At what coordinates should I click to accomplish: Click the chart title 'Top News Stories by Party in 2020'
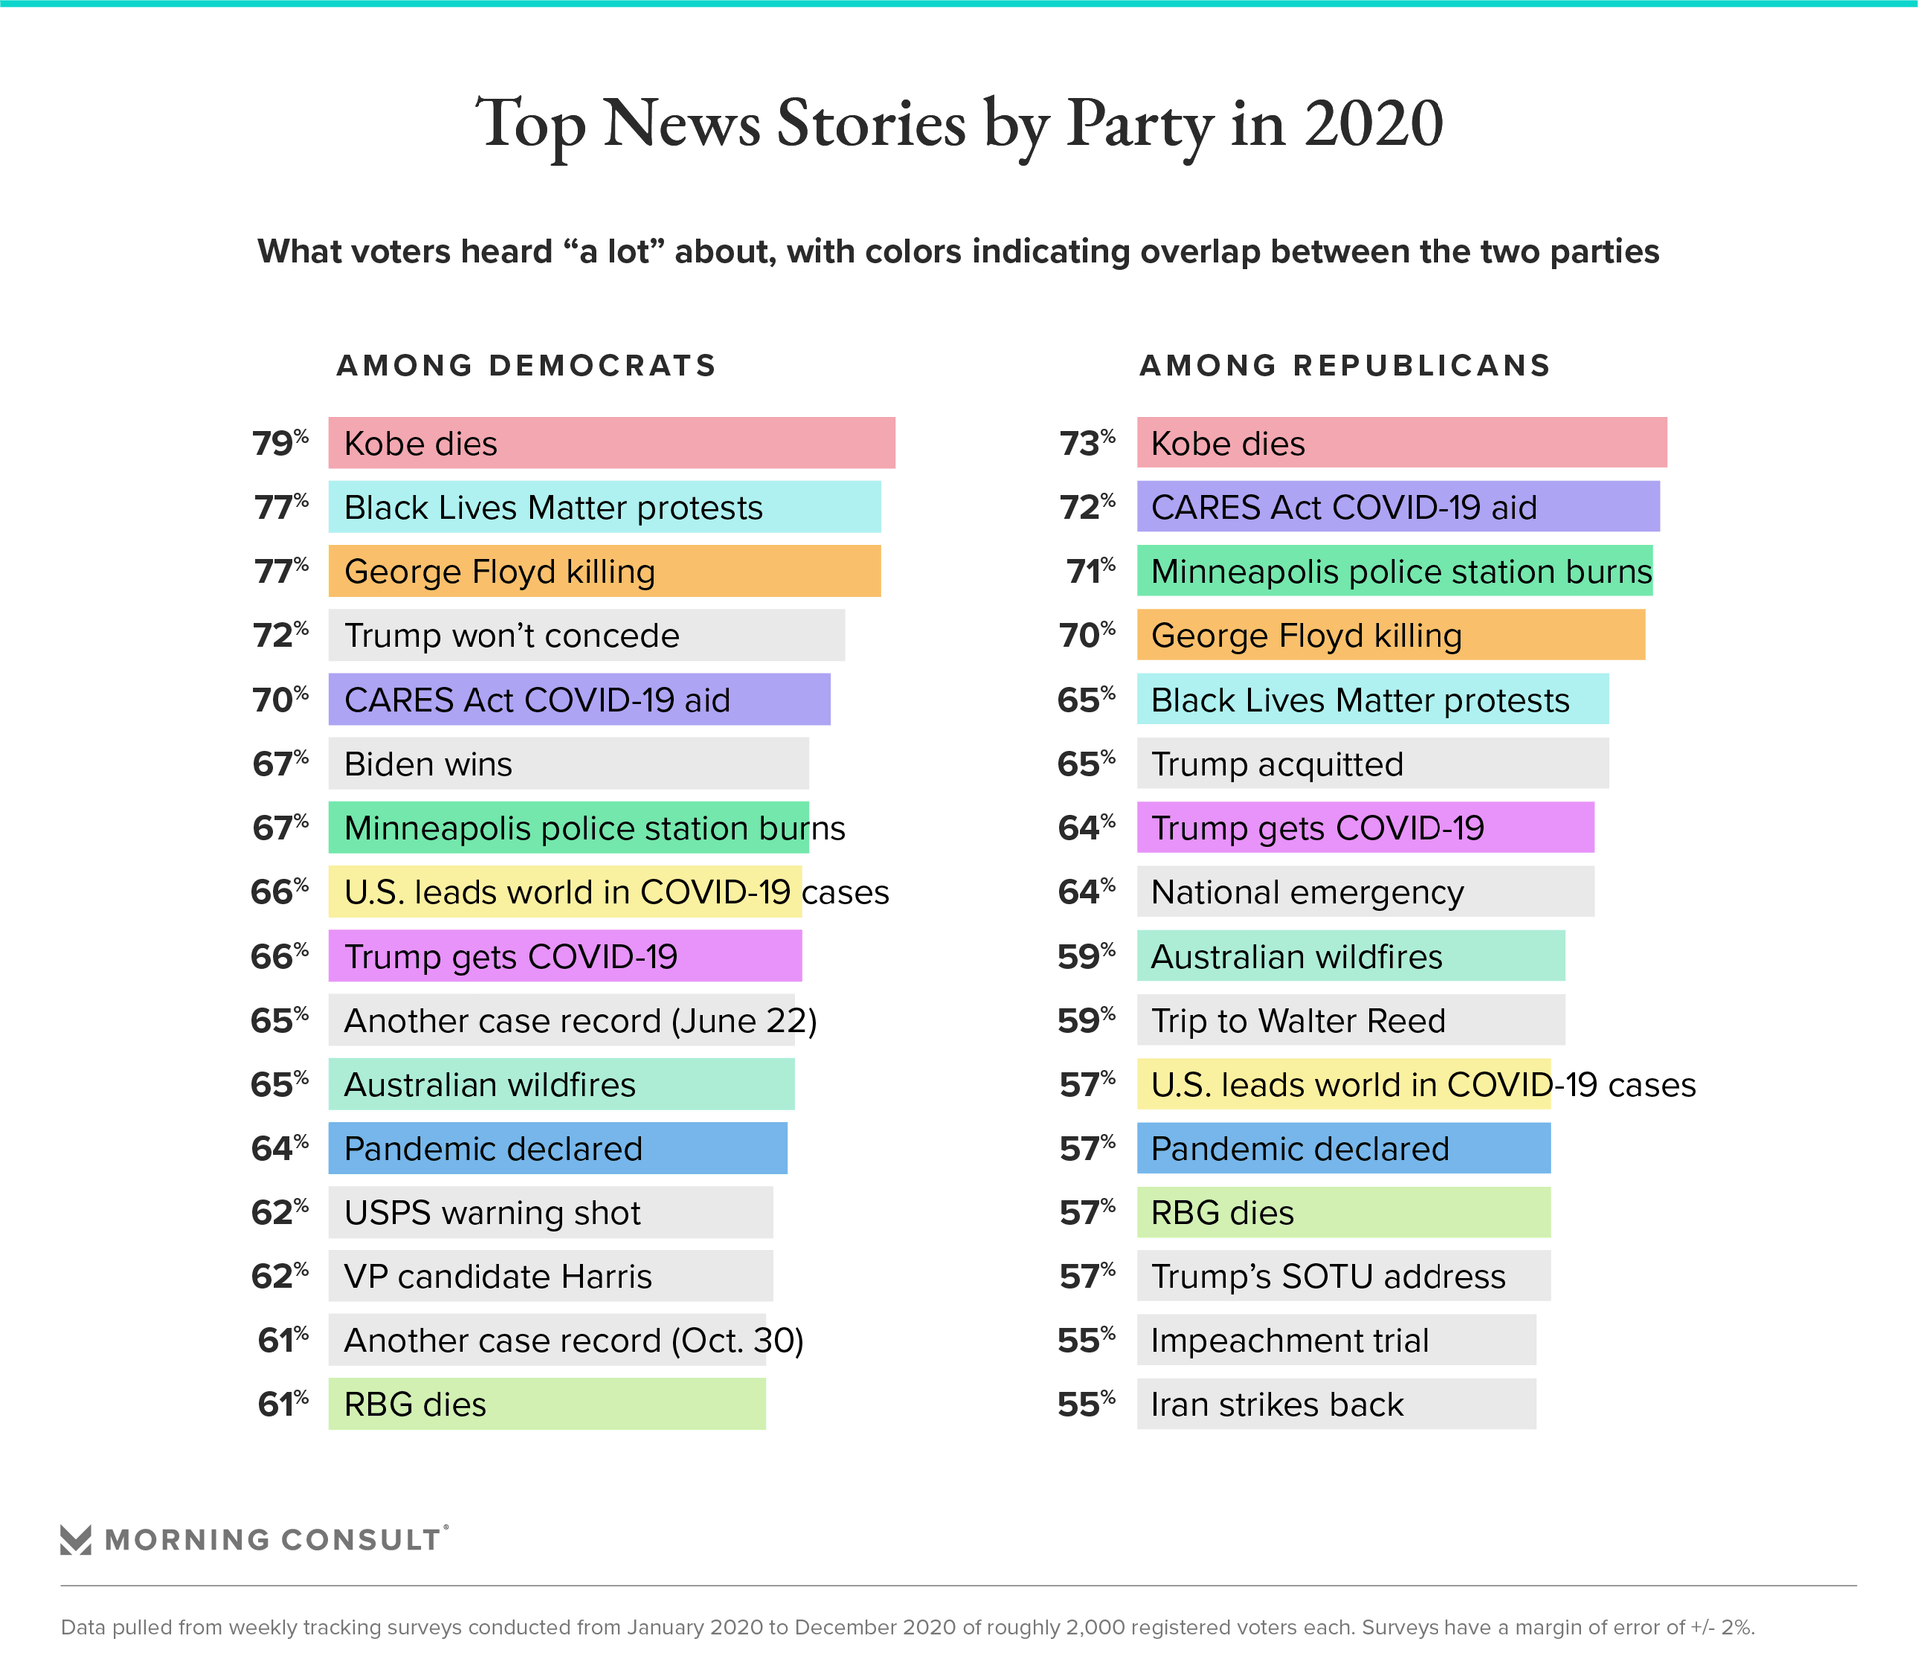point(959,124)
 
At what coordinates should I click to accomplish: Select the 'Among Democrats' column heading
point(526,366)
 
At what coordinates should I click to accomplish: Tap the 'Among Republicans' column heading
point(1345,366)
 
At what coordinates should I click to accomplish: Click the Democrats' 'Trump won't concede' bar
point(586,635)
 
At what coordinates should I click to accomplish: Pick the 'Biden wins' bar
point(568,764)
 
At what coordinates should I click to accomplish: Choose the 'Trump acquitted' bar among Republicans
point(1373,764)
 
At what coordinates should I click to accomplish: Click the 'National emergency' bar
point(1366,892)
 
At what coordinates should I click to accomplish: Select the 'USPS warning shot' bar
point(550,1213)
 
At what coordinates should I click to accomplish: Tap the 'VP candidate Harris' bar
point(550,1276)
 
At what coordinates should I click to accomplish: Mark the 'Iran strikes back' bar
point(1337,1404)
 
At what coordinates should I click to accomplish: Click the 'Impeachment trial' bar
point(1337,1340)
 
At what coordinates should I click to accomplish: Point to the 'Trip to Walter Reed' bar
point(1351,1020)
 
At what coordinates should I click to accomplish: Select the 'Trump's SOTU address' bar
point(1344,1276)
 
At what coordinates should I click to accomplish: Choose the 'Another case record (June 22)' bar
point(561,1020)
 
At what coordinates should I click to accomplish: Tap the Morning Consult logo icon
point(76,1539)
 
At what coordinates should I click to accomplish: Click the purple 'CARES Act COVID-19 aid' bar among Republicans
point(1399,507)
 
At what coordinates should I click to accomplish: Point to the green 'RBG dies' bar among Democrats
point(547,1404)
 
